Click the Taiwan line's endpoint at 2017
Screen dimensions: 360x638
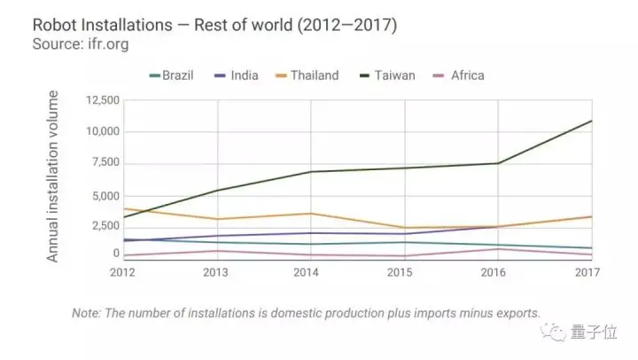point(592,121)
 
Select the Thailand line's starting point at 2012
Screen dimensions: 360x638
point(124,209)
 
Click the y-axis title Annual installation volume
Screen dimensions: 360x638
point(53,176)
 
